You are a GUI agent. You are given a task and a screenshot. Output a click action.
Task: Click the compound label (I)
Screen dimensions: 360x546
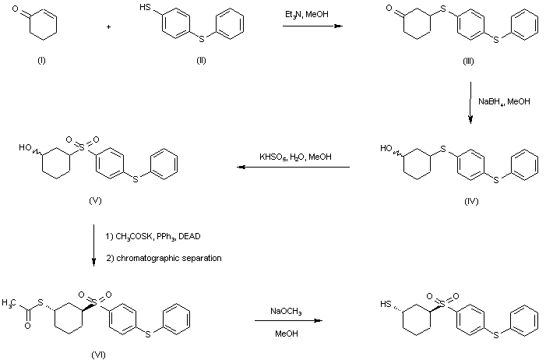point(41,62)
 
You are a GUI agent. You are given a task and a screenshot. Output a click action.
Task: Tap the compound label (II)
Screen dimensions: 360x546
point(201,62)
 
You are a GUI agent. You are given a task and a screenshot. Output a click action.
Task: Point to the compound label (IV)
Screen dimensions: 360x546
point(470,201)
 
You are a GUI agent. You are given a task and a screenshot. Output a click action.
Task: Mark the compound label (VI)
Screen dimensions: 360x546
point(98,354)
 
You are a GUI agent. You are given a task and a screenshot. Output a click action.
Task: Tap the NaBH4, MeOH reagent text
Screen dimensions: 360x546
point(504,101)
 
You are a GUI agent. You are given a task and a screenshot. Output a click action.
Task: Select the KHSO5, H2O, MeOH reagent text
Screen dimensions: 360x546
point(296,157)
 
